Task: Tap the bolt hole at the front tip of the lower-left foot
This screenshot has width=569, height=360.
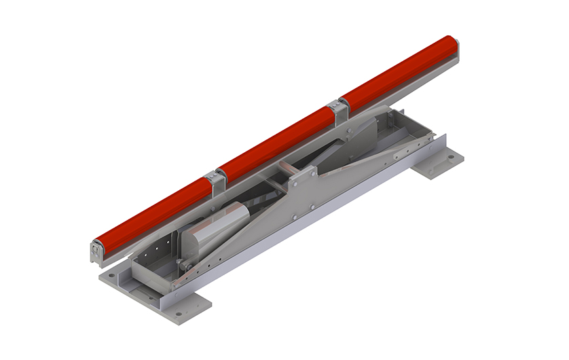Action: tap(179, 314)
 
